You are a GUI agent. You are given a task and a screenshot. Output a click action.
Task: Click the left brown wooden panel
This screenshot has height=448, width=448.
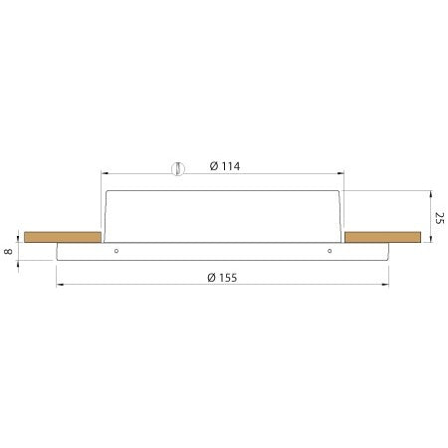[62, 237]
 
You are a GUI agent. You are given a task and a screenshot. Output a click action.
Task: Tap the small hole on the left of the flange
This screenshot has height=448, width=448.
[117, 251]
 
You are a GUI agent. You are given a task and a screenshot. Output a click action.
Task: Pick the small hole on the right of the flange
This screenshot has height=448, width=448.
[330, 251]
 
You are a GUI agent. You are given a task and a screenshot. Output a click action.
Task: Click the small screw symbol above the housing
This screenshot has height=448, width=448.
[175, 168]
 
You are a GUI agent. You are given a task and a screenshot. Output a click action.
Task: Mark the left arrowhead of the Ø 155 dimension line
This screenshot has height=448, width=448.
[60, 286]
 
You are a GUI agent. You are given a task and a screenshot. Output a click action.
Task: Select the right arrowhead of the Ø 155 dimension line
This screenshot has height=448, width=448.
[387, 286]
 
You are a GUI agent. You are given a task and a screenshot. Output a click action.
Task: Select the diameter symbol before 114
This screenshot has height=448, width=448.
[214, 166]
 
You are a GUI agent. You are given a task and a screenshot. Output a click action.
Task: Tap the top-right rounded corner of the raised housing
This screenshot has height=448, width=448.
[340, 192]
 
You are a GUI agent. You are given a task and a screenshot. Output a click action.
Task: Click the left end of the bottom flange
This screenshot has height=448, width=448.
[58, 251]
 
